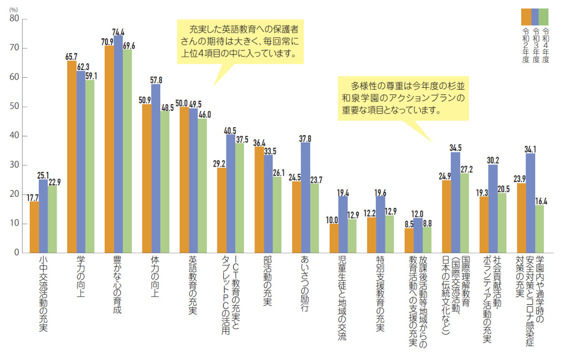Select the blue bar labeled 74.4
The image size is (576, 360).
pyautogui.click(x=118, y=144)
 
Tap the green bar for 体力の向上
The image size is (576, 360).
pyautogui.click(x=165, y=182)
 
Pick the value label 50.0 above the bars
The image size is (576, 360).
pyautogui.click(x=181, y=103)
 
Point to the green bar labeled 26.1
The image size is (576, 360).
pyautogui.click(x=277, y=215)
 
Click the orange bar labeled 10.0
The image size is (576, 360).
pyautogui.click(x=334, y=238)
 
